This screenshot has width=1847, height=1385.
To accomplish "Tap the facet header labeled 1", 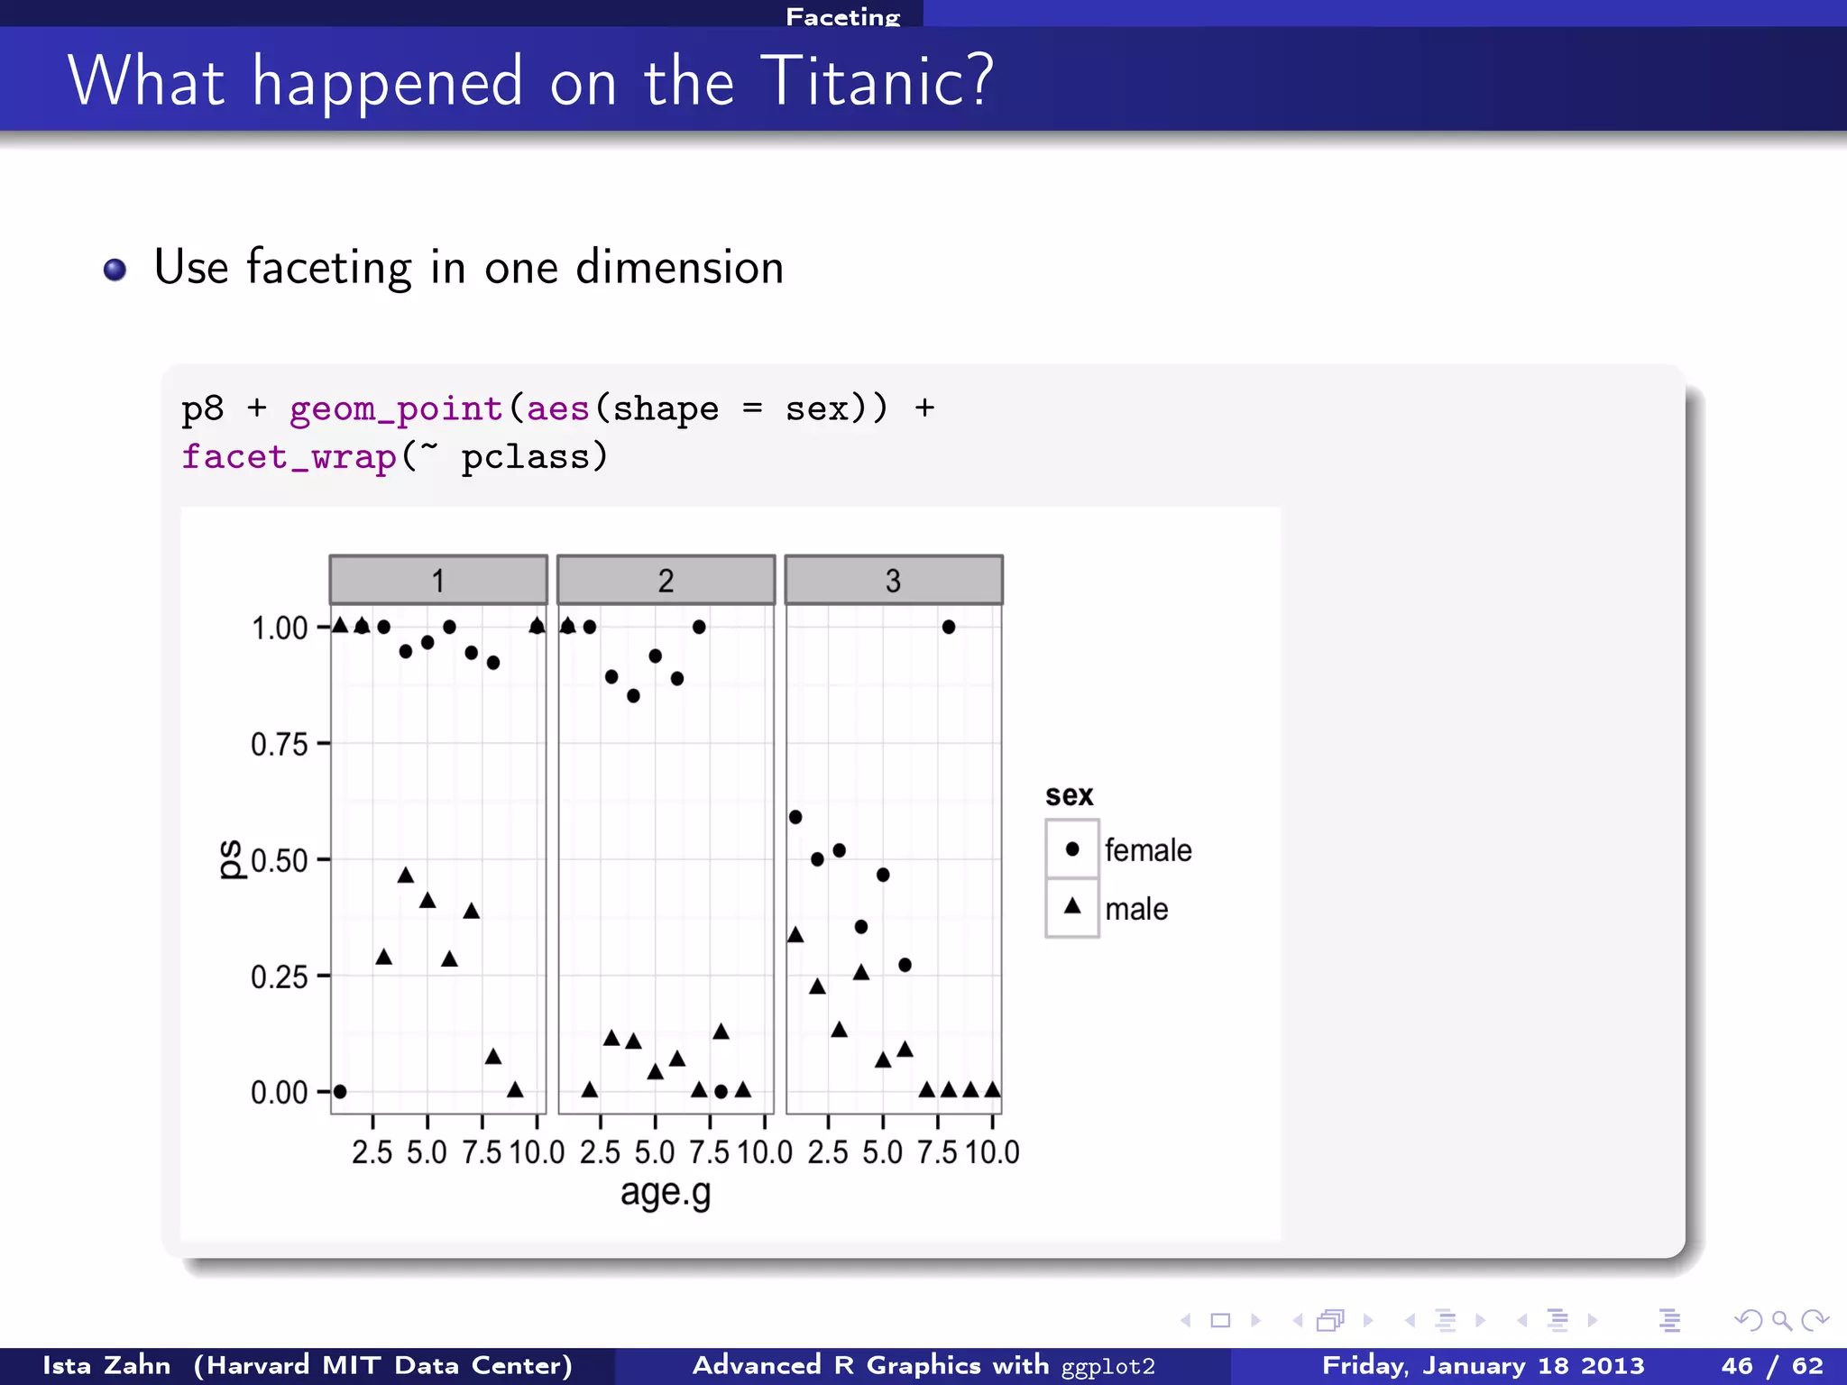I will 438,580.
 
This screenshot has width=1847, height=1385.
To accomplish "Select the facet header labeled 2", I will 666,580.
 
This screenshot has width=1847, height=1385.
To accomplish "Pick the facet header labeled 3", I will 893,580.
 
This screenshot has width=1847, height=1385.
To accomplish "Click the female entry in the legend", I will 1147,849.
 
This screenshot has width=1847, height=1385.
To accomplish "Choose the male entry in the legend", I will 1136,908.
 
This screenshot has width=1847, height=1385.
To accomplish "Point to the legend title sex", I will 1069,795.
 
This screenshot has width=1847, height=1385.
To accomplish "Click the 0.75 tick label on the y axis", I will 279,745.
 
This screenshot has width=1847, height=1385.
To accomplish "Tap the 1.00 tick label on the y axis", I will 279,628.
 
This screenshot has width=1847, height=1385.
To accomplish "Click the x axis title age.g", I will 666,1192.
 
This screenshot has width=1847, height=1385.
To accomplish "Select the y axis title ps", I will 231,859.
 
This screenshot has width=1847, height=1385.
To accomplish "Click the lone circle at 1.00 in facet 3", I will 948,627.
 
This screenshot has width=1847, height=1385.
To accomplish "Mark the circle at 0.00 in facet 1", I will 340,1091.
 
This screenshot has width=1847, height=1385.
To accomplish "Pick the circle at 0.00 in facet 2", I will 721,1091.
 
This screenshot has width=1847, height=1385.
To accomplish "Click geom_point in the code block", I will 396,409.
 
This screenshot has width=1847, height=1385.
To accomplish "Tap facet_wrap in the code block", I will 289,456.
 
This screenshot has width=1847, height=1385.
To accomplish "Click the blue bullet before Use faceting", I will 115,270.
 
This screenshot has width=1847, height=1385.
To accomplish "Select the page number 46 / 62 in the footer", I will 1771,1365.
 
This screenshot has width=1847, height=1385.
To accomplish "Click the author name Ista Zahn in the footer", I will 106,1365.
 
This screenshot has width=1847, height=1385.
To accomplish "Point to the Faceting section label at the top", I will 842,16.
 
